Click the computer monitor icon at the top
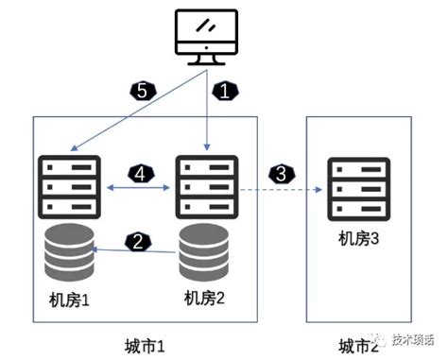click(206, 35)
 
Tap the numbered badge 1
click(224, 93)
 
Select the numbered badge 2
click(138, 243)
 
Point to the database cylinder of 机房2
click(206, 252)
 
